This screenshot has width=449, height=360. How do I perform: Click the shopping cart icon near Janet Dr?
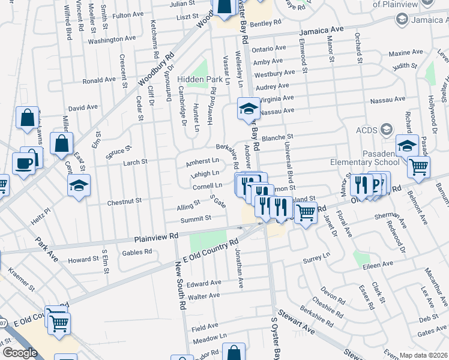pos(306,212)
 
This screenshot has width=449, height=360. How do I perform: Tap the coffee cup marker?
pos(24,164)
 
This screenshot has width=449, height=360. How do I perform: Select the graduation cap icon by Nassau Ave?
pos(248,109)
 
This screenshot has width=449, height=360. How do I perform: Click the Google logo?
pos(19,353)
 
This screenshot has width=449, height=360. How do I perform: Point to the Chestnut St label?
pos(124,202)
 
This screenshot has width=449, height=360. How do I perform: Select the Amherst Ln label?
pos(202,161)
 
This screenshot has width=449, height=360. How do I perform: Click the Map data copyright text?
pos(423,355)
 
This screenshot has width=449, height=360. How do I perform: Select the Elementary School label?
pos(363,162)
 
